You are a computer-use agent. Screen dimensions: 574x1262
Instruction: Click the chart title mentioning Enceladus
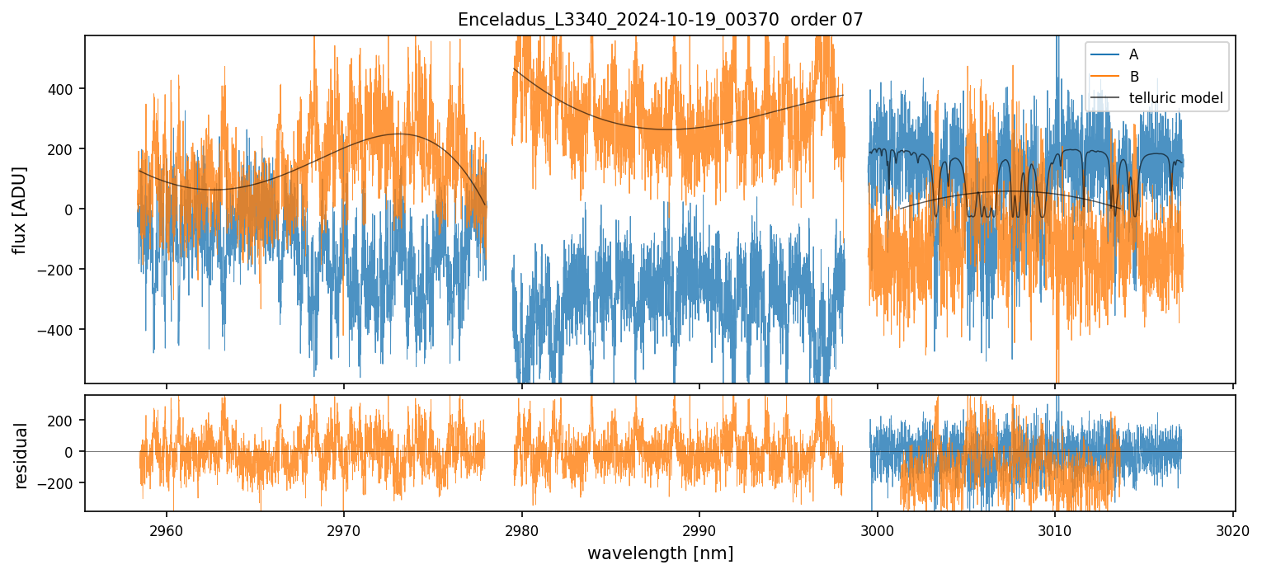tap(660, 20)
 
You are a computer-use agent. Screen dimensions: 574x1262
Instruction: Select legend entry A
tap(1133, 54)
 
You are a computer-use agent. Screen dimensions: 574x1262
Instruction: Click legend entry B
tap(1133, 77)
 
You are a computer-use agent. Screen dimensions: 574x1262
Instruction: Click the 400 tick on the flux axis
tap(64, 89)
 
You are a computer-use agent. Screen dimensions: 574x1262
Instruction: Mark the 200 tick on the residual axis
tap(64, 420)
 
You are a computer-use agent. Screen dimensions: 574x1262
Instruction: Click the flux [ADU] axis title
tap(19, 209)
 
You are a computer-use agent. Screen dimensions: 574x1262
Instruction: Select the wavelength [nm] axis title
tap(660, 553)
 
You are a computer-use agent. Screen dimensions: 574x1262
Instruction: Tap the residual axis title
tap(21, 455)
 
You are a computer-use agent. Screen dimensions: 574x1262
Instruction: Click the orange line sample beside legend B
tap(1104, 77)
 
